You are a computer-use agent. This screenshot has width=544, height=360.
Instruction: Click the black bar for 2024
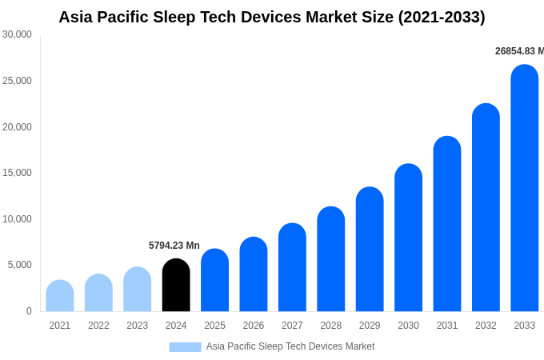[x=176, y=286]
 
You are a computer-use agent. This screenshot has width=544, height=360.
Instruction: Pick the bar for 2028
[x=330, y=259]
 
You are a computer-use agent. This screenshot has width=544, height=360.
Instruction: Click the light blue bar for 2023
[x=137, y=290]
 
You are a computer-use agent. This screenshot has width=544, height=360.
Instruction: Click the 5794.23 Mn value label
[x=174, y=246]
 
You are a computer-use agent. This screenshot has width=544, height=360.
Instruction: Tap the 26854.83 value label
[x=518, y=51]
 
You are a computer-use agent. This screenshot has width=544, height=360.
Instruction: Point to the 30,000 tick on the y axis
[x=17, y=34]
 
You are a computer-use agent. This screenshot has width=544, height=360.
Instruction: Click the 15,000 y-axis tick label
[x=17, y=173]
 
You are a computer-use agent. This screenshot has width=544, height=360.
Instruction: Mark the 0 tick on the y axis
[x=29, y=311]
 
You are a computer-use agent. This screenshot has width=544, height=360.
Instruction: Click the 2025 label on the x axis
[x=214, y=326]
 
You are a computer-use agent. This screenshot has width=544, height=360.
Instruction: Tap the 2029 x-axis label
[x=370, y=326]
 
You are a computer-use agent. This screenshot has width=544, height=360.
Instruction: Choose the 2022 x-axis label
[x=98, y=326]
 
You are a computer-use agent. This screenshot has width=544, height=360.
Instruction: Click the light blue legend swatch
[x=185, y=347]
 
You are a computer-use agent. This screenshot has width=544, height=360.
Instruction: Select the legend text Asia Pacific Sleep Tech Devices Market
[x=290, y=346]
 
